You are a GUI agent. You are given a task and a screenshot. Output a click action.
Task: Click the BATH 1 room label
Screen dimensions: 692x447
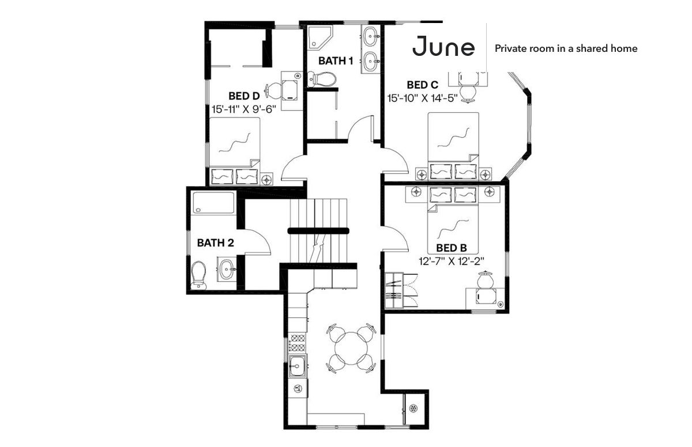(336, 61)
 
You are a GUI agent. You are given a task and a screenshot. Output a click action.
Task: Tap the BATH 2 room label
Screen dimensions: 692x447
(215, 243)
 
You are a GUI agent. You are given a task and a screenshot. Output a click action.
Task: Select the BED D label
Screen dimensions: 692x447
(244, 96)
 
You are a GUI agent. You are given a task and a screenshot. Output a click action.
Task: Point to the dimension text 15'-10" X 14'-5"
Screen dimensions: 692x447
(422, 98)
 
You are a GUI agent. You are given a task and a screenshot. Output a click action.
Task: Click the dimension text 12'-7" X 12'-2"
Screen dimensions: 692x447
(451, 262)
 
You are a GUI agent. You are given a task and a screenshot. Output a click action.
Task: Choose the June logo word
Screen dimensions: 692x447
(443, 46)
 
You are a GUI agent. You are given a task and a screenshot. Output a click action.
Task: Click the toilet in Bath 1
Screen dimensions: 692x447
(322, 79)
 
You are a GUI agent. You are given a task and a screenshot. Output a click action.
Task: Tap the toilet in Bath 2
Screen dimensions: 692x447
(198, 275)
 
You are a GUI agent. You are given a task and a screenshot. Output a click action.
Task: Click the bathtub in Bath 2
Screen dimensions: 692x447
(213, 203)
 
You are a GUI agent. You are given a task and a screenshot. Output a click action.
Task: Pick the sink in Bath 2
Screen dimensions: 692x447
(227, 269)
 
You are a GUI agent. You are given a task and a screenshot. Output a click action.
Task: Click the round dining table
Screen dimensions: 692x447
(351, 348)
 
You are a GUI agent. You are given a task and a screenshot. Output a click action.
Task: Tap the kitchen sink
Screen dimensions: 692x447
(298, 365)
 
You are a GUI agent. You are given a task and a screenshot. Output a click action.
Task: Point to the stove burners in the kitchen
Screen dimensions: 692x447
(297, 342)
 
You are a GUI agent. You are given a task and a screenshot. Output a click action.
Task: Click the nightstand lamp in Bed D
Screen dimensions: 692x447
(266, 179)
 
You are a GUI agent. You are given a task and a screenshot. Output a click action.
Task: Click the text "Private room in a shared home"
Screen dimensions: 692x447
(566, 48)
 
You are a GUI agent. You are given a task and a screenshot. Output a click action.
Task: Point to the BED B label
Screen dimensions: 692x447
(452, 248)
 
